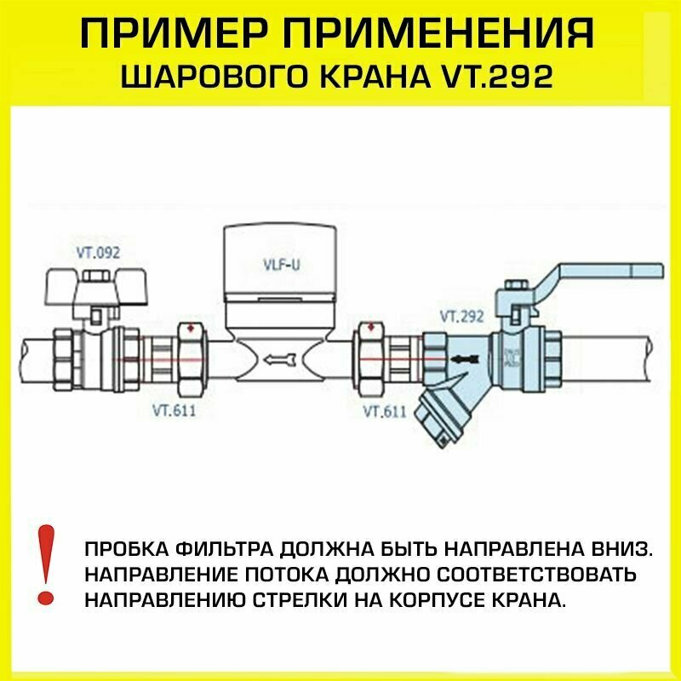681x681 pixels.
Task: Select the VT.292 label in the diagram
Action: [x=462, y=317]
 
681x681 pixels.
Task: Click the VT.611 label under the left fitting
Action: [x=170, y=411]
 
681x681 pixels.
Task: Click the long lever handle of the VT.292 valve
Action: [x=596, y=274]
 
